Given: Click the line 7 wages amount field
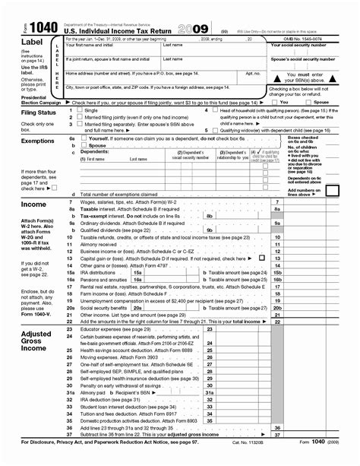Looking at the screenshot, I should coord(317,201).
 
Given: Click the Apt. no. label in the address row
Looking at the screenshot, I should coord(253,73).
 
